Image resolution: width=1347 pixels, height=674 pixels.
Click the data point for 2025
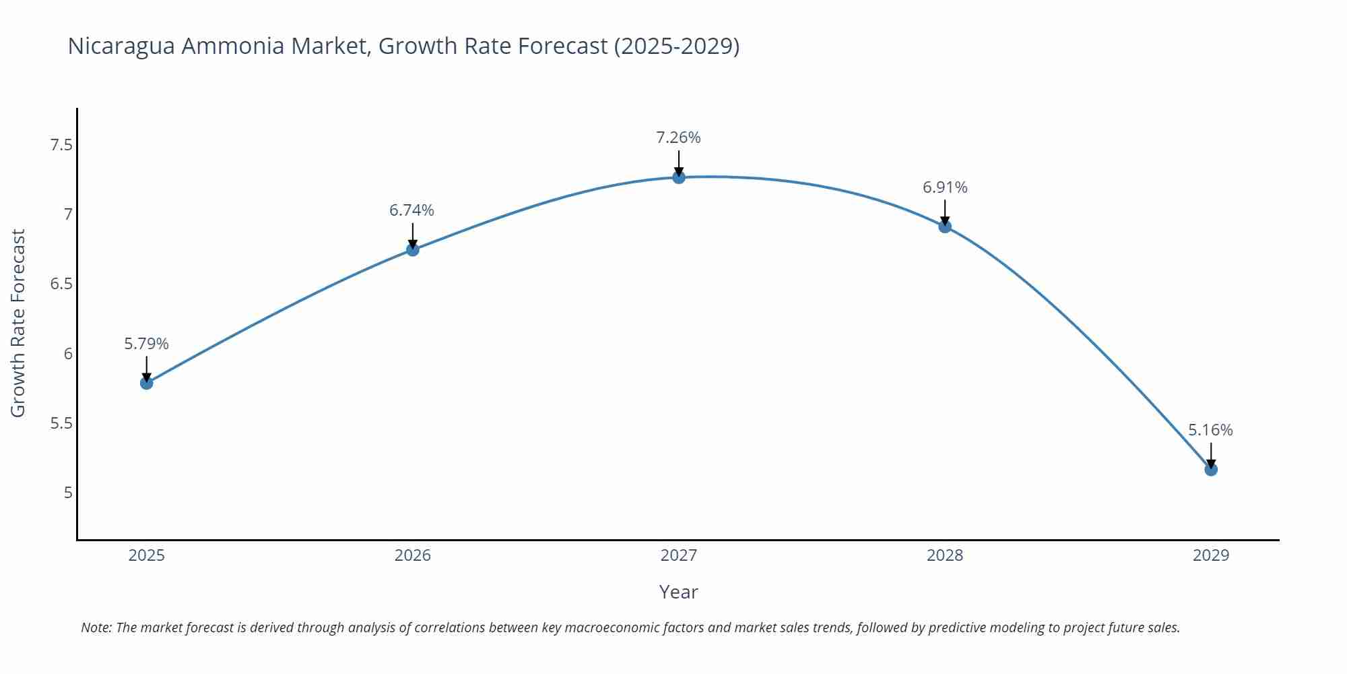(147, 383)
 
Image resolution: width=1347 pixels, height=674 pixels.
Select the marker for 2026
(413, 249)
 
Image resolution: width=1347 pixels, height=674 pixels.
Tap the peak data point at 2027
(679, 177)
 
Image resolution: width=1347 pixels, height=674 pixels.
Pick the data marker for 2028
(945, 226)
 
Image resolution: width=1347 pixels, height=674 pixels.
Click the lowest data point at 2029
(1211, 469)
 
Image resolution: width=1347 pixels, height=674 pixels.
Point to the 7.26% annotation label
(678, 137)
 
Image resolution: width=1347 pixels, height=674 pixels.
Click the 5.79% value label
(146, 344)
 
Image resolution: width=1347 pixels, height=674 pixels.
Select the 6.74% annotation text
(412, 210)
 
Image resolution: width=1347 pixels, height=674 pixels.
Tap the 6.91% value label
(945, 187)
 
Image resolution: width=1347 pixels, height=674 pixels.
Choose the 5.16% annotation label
(1210, 430)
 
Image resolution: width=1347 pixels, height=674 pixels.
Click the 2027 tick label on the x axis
(678, 555)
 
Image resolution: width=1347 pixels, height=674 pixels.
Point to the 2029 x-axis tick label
(1210, 555)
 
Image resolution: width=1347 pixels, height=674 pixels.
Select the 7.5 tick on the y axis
(61, 145)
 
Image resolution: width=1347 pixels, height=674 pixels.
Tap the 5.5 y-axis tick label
(61, 423)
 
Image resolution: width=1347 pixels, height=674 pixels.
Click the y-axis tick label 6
(68, 354)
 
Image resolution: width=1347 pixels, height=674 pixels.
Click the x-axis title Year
(678, 592)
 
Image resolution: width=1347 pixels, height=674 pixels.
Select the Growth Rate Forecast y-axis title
(18, 323)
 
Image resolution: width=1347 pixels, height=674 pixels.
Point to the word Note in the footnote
(96, 627)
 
